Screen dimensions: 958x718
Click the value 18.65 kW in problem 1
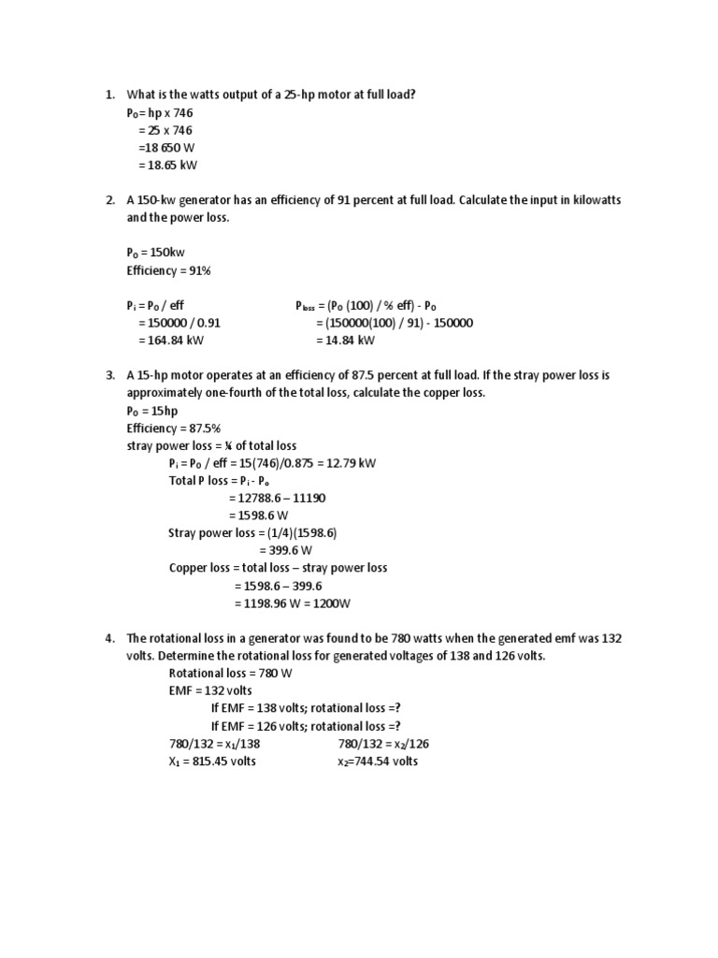(173, 166)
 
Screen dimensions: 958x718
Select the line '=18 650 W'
(165, 148)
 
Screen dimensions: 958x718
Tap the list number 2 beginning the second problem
(109, 201)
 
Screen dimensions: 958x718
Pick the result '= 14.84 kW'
(345, 340)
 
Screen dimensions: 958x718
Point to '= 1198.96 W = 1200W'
(292, 602)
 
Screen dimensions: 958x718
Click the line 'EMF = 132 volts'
(210, 690)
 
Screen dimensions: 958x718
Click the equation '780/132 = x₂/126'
(382, 744)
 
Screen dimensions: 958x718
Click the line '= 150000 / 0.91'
(179, 323)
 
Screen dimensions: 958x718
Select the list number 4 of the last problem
(109, 638)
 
